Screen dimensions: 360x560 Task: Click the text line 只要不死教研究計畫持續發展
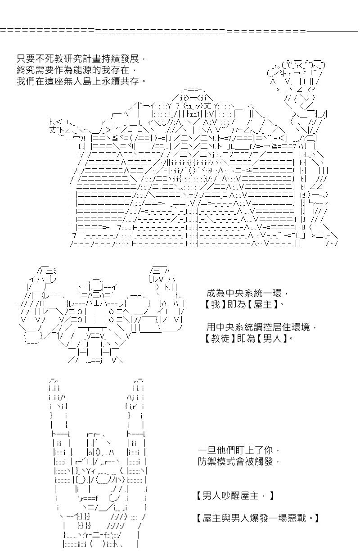pos(81,59)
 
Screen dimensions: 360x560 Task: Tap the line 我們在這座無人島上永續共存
pos(81,81)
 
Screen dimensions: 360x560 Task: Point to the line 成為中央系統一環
pos(247,293)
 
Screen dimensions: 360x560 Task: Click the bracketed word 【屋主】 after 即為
pos(263,304)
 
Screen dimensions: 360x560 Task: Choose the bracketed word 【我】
pos(216,304)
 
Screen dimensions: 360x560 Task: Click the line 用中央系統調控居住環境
pos(261,327)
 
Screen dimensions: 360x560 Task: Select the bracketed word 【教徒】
pos(220,339)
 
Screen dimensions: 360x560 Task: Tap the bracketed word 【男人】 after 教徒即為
pos(272,339)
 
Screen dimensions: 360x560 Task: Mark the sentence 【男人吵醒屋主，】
pos(235,495)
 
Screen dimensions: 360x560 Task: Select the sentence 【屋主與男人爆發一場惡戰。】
pos(257,518)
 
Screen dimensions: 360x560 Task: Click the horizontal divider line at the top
pos(179,31)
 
